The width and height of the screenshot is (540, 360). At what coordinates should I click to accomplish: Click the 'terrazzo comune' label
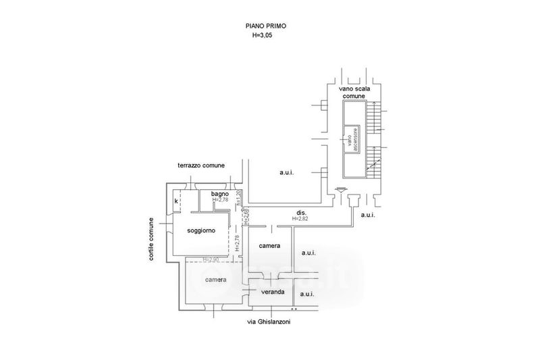pos(201,165)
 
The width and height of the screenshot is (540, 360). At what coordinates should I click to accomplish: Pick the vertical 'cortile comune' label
pos(153,239)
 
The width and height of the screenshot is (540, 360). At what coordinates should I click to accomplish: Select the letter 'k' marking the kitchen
pos(176,201)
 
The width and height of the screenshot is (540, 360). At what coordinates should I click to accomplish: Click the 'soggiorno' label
pos(202,230)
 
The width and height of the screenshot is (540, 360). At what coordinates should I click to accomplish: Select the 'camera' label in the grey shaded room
pos(216,279)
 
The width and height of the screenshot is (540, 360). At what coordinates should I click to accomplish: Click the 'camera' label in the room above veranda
pos(270,247)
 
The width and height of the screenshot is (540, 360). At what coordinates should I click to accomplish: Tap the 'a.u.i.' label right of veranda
pos(307,294)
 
